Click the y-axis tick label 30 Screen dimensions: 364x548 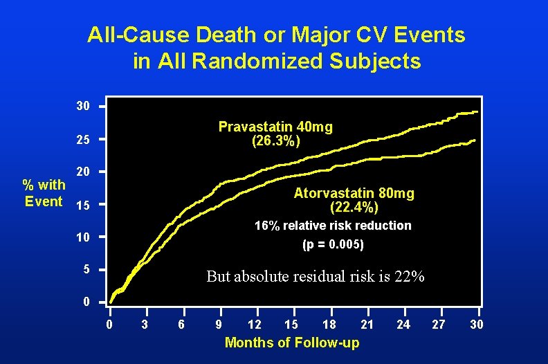(x=82, y=107)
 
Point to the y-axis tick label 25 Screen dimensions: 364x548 (x=82, y=140)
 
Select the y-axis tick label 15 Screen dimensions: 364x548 (x=82, y=206)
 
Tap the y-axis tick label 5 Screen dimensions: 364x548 (x=86, y=269)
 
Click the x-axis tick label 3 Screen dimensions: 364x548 (x=145, y=325)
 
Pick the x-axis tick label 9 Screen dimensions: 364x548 (x=219, y=325)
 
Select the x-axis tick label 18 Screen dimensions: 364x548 (x=329, y=325)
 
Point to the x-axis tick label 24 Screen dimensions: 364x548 (x=403, y=325)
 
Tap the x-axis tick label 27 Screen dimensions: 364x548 (x=439, y=325)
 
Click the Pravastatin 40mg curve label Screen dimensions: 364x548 (x=275, y=127)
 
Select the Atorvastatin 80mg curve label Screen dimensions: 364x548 (x=354, y=192)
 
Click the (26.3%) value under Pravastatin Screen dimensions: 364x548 (x=276, y=141)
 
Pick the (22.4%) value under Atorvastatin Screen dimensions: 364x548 (x=354, y=206)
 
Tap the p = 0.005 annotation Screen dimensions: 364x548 (x=333, y=244)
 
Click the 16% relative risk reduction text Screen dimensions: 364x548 (x=333, y=226)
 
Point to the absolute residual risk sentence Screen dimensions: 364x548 (x=316, y=276)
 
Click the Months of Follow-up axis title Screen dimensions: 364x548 (x=292, y=343)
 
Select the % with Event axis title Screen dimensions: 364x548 (x=44, y=192)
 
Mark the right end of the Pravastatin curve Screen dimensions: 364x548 (x=477, y=111)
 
